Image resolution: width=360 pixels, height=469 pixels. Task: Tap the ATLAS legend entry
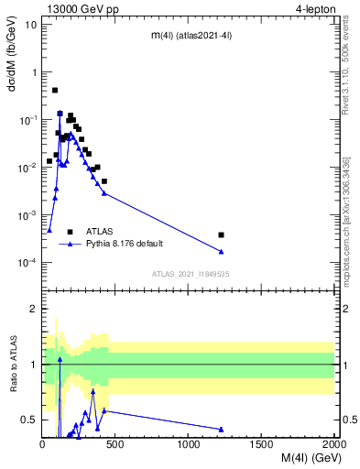[x=95, y=232]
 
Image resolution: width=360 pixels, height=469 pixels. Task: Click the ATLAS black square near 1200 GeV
[x=222, y=235]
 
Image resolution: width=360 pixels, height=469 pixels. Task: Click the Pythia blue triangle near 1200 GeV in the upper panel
[x=222, y=252]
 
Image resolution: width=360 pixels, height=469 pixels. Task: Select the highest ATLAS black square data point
[x=55, y=91]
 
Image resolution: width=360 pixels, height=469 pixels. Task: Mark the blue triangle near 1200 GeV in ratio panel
[x=222, y=429]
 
